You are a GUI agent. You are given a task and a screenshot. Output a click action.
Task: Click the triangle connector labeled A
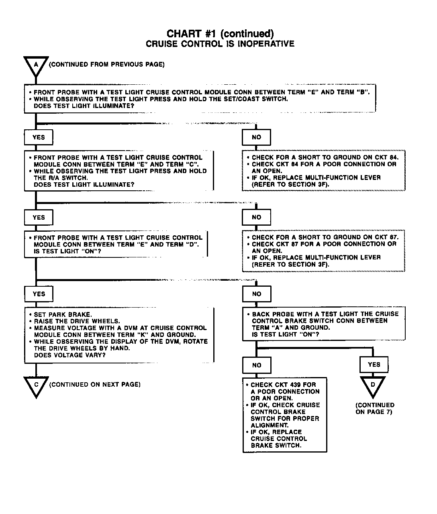(x=36, y=65)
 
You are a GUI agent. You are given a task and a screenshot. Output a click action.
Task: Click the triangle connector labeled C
(x=36, y=385)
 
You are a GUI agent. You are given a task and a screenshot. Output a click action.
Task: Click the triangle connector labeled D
(x=373, y=385)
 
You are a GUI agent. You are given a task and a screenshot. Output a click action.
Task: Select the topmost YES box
(x=39, y=137)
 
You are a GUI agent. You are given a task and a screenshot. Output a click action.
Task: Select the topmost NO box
(x=256, y=137)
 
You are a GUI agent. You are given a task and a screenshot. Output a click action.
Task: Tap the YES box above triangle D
(x=374, y=365)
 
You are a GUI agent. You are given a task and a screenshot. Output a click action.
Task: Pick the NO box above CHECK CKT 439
(x=257, y=365)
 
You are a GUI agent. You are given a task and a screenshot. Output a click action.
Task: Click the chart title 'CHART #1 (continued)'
(x=220, y=33)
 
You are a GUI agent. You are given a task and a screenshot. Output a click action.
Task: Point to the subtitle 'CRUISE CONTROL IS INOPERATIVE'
(x=220, y=44)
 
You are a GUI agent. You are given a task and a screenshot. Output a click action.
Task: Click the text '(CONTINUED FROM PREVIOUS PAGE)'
(x=106, y=64)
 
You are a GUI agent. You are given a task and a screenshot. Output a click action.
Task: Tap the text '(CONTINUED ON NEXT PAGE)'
(x=95, y=384)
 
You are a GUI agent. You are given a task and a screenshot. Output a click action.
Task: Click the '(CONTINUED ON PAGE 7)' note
(x=374, y=408)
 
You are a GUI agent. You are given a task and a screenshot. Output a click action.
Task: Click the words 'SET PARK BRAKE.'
(x=63, y=314)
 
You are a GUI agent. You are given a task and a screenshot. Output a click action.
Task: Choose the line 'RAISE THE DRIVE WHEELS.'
(x=77, y=321)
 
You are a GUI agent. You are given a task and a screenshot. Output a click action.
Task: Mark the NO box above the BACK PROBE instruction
(x=257, y=294)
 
